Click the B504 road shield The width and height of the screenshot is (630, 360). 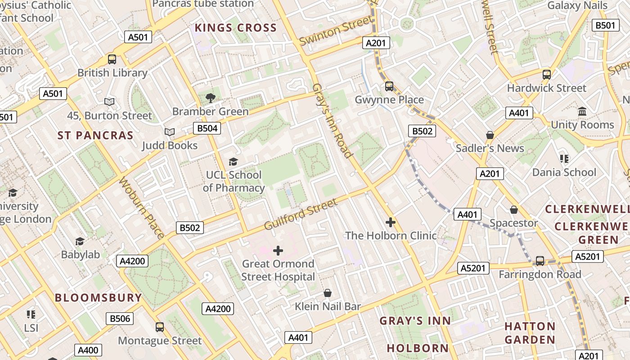(x=207, y=128)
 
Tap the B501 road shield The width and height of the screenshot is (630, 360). (x=605, y=25)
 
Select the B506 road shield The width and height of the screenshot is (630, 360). (x=120, y=319)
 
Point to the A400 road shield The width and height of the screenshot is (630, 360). (x=88, y=350)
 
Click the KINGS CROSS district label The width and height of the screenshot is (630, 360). (x=235, y=28)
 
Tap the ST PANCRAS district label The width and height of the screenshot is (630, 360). (x=95, y=135)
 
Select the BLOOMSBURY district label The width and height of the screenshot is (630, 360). (x=98, y=297)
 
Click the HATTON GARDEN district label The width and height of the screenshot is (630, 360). (x=530, y=333)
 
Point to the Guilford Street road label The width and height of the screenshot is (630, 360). (x=301, y=215)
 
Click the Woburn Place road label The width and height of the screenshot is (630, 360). (x=141, y=207)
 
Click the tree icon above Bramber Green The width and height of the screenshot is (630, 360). (x=210, y=98)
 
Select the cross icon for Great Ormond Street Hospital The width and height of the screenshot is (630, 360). (x=278, y=251)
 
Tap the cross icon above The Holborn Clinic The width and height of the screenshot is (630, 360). (x=390, y=222)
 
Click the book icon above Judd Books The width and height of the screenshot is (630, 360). (x=170, y=132)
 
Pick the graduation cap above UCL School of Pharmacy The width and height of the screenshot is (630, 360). (x=233, y=162)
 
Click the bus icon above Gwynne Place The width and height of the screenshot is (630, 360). (x=389, y=86)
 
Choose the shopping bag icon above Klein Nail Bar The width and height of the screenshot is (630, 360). (x=328, y=293)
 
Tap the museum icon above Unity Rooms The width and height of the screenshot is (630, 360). (x=582, y=111)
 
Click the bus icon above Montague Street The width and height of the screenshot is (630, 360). (x=159, y=327)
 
